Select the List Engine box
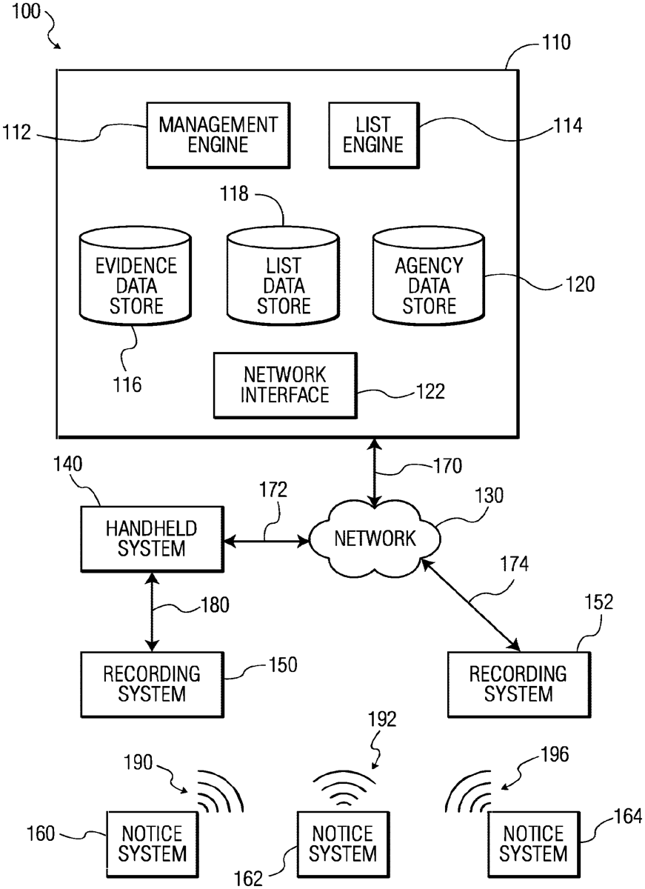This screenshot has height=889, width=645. click(372, 134)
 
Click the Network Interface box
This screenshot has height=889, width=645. click(284, 384)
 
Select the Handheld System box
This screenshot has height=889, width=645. click(151, 539)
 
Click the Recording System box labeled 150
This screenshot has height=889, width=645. click(151, 684)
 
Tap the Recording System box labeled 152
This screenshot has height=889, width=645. click(518, 684)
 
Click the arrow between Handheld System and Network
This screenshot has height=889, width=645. click(266, 542)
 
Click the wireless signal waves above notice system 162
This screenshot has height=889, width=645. click(342, 789)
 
